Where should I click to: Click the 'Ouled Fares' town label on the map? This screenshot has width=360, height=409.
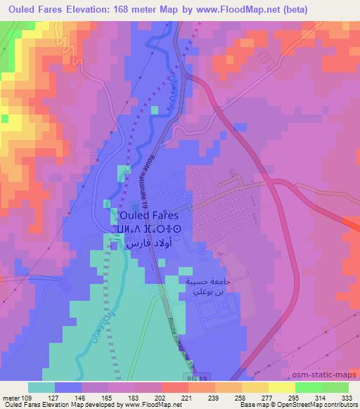(149, 216)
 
